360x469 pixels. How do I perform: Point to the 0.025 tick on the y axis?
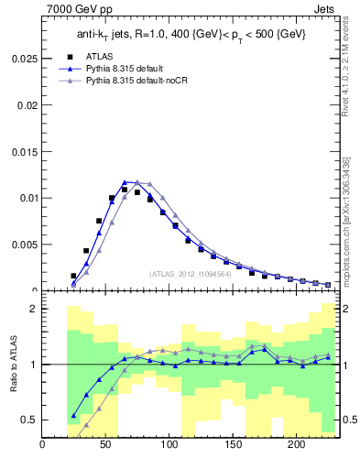pos(25,57)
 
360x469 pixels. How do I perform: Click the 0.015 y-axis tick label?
pos(25,150)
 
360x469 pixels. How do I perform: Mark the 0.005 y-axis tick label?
pos(25,245)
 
